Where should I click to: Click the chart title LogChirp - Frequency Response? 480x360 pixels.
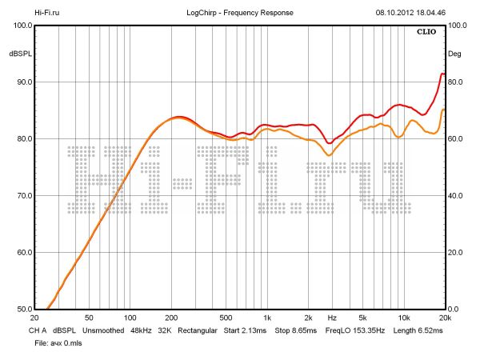pyautogui.click(x=239, y=13)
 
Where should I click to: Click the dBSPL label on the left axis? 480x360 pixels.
pyautogui.click(x=20, y=54)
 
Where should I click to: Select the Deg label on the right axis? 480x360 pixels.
pyautogui.click(x=455, y=54)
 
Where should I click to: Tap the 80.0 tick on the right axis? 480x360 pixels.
pyautogui.click(x=456, y=82)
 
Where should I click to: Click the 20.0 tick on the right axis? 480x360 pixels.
pyautogui.click(x=456, y=253)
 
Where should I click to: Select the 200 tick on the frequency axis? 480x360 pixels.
pyautogui.click(x=171, y=318)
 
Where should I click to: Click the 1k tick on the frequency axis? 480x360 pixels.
pyautogui.click(x=267, y=318)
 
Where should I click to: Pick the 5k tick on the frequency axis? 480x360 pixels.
pyautogui.click(x=362, y=318)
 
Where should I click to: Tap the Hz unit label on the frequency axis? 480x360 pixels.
pyautogui.click(x=331, y=318)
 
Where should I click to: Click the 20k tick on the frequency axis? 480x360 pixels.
pyautogui.click(x=445, y=318)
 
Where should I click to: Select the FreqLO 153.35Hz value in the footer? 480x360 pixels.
pyautogui.click(x=353, y=329)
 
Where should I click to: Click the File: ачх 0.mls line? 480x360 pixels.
pyautogui.click(x=58, y=342)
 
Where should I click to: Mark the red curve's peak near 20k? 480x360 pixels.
pyautogui.click(x=442, y=74)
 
